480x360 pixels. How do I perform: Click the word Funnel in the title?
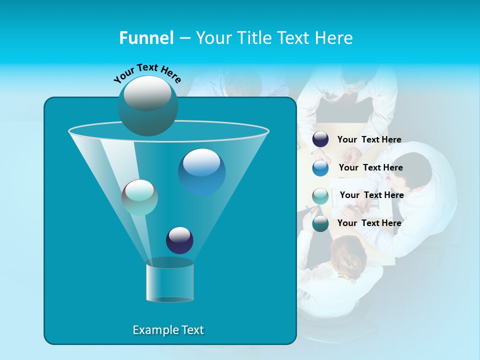click(146, 38)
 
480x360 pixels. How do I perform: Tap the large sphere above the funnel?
click(147, 105)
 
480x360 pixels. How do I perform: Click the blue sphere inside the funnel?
click(201, 171)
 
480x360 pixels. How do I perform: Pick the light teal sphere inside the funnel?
click(139, 197)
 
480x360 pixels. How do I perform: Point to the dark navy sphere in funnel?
click(179, 240)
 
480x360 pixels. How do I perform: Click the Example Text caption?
click(168, 330)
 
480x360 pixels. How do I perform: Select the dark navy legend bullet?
click(320, 139)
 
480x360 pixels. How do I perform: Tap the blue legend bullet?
click(320, 168)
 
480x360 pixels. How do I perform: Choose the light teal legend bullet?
click(320, 196)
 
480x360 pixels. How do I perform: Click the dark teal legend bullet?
click(320, 223)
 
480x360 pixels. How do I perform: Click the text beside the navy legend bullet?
click(369, 140)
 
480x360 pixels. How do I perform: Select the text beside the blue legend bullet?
click(370, 168)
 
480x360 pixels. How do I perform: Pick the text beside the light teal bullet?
click(371, 195)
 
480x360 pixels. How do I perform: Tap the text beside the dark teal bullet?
click(369, 223)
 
